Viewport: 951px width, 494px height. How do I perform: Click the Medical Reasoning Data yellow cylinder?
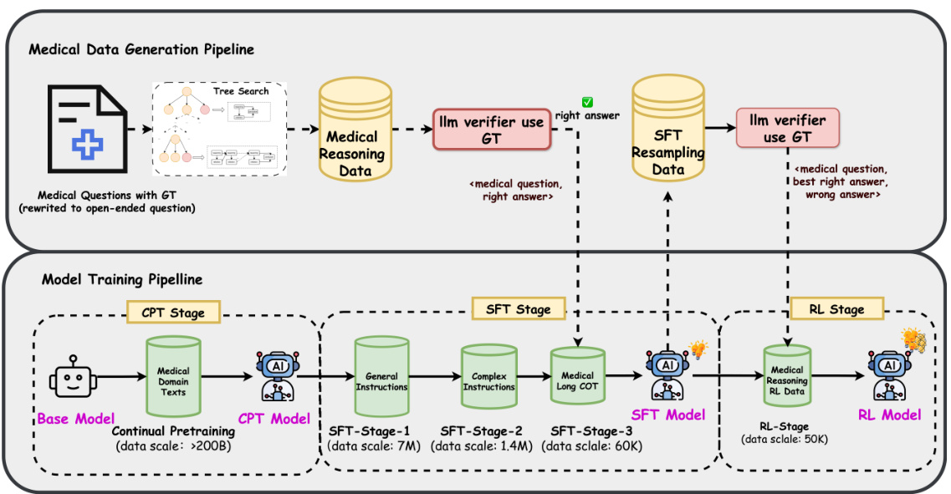click(x=352, y=142)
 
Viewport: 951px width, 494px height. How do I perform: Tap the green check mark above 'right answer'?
click(x=588, y=103)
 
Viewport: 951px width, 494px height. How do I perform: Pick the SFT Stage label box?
click(x=518, y=308)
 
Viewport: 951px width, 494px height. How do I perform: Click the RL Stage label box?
click(x=835, y=309)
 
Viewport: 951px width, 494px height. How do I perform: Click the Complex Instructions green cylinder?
click(x=489, y=380)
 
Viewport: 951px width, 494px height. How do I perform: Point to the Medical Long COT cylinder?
click(x=577, y=380)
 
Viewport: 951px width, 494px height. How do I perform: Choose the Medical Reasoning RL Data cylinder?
click(x=788, y=380)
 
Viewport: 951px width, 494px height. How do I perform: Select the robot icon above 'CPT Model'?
click(x=274, y=377)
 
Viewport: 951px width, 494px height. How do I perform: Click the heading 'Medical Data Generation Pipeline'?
click(x=141, y=49)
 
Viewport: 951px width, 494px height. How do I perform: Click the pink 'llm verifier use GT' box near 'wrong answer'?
click(x=787, y=127)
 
